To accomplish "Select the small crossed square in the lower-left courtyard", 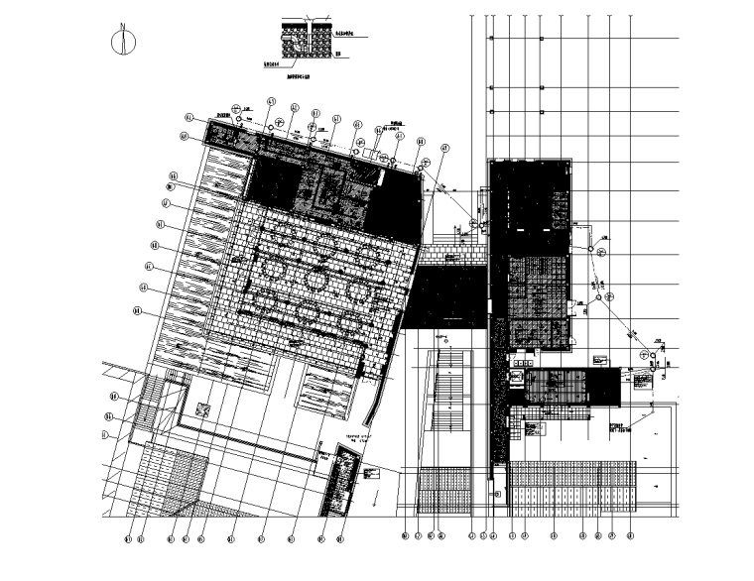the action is pyautogui.click(x=203, y=407).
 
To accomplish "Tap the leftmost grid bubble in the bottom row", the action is pyautogui.click(x=127, y=539).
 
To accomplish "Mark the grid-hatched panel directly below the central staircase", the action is pyautogui.click(x=444, y=492).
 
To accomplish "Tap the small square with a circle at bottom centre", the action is pyautogui.click(x=498, y=494).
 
